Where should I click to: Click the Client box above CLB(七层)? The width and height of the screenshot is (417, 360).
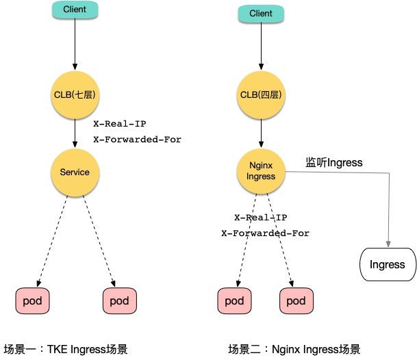(x=75, y=10)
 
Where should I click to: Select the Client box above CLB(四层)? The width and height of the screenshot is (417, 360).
(x=261, y=14)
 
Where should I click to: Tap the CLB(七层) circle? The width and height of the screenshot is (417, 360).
(x=75, y=95)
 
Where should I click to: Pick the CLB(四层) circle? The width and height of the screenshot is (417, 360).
(x=261, y=95)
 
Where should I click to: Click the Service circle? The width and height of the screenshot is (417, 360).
(x=75, y=172)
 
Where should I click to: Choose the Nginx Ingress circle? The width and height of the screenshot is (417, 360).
(x=261, y=171)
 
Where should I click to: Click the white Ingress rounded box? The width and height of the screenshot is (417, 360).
(x=388, y=265)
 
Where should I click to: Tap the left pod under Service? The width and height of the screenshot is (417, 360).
(x=32, y=300)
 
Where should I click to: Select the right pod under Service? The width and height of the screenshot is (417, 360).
(x=120, y=300)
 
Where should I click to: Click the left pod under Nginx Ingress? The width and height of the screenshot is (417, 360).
(x=234, y=300)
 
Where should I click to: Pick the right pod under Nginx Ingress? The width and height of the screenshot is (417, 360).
(x=296, y=300)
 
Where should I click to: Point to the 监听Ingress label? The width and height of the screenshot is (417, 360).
(x=334, y=162)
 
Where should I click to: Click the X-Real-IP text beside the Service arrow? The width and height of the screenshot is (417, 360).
(x=120, y=124)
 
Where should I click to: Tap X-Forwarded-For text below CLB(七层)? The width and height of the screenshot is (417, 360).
(x=137, y=140)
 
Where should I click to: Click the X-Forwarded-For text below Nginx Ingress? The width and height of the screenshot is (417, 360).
(x=266, y=233)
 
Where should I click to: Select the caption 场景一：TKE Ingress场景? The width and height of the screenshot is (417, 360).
(x=66, y=349)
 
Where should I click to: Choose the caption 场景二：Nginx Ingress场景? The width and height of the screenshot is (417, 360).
(x=294, y=349)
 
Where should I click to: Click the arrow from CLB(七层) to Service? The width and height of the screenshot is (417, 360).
(x=75, y=133)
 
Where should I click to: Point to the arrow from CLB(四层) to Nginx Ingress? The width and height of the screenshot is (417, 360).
(x=261, y=133)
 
